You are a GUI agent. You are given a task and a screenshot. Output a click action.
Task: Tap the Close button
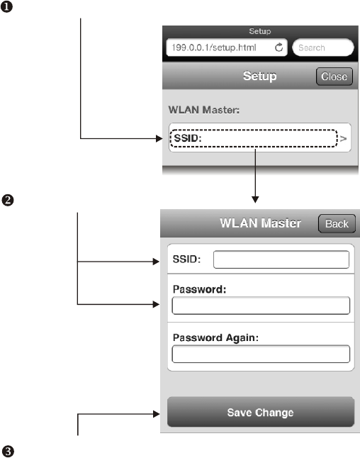coord(334,77)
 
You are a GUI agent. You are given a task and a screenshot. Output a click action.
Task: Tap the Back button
coord(337,224)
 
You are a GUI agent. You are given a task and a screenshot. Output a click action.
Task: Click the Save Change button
coord(261,412)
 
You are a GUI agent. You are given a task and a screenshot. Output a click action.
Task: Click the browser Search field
coord(323,48)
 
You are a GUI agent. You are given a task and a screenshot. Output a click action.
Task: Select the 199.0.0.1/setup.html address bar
coord(227,48)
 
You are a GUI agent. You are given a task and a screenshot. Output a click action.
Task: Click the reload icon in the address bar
coord(279,48)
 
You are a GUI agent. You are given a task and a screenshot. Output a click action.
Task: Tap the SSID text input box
coord(281,259)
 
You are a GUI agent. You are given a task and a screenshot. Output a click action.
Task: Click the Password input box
coord(261,306)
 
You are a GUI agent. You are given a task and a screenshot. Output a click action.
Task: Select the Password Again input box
coord(261,354)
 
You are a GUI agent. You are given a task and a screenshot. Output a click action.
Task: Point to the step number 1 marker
coord(6,6)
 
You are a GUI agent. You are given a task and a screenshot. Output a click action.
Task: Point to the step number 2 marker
coord(8,201)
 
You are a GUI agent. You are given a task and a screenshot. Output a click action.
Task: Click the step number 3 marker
coord(8,452)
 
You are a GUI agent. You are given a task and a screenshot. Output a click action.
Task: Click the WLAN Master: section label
coord(204,110)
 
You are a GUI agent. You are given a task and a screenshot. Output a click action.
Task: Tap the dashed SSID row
coord(254,138)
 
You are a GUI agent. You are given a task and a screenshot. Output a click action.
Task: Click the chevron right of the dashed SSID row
coord(344,138)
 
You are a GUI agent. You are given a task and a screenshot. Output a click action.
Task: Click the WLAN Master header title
coord(261,223)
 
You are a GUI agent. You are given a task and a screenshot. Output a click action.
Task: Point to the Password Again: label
coord(215,337)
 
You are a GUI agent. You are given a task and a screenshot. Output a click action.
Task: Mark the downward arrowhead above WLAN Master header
coord(255,199)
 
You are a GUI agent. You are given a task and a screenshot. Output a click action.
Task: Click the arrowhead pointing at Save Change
coord(156,414)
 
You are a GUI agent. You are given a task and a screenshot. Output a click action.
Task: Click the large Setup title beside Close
coord(260,76)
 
